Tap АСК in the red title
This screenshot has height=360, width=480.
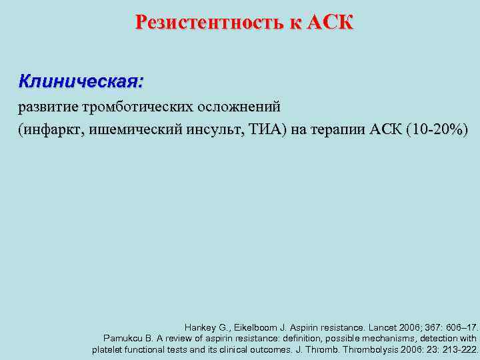click(331, 23)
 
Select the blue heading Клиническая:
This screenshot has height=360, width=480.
click(81, 82)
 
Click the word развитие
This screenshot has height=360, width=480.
click(46, 107)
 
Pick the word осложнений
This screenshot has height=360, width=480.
click(239, 107)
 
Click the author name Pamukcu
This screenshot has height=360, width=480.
click(124, 339)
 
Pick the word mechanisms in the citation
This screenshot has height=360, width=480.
click(394, 339)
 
